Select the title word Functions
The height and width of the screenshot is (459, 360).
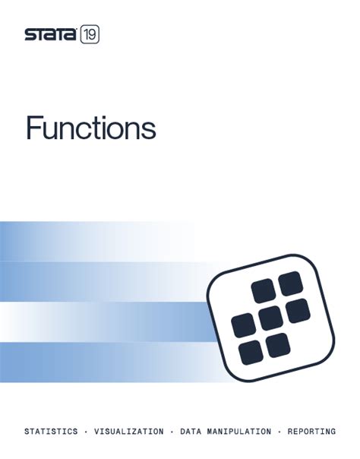click(x=90, y=128)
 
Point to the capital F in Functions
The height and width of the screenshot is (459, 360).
click(x=35, y=128)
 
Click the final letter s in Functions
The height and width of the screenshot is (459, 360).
click(x=149, y=131)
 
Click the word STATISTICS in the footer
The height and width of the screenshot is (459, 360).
click(x=51, y=432)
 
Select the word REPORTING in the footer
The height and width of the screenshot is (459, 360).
click(x=311, y=432)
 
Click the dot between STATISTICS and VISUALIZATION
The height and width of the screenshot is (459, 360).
click(x=85, y=432)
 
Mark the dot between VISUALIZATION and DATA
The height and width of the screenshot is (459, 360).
click(x=171, y=432)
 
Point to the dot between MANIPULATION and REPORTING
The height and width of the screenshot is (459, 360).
click(x=279, y=432)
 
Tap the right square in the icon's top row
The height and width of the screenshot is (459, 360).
click(x=290, y=285)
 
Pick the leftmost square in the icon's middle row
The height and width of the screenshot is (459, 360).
click(x=243, y=325)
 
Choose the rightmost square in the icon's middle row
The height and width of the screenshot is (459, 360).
click(x=297, y=311)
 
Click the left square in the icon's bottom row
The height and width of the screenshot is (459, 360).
click(x=251, y=352)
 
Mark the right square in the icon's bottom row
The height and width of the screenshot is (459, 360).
click(x=278, y=345)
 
